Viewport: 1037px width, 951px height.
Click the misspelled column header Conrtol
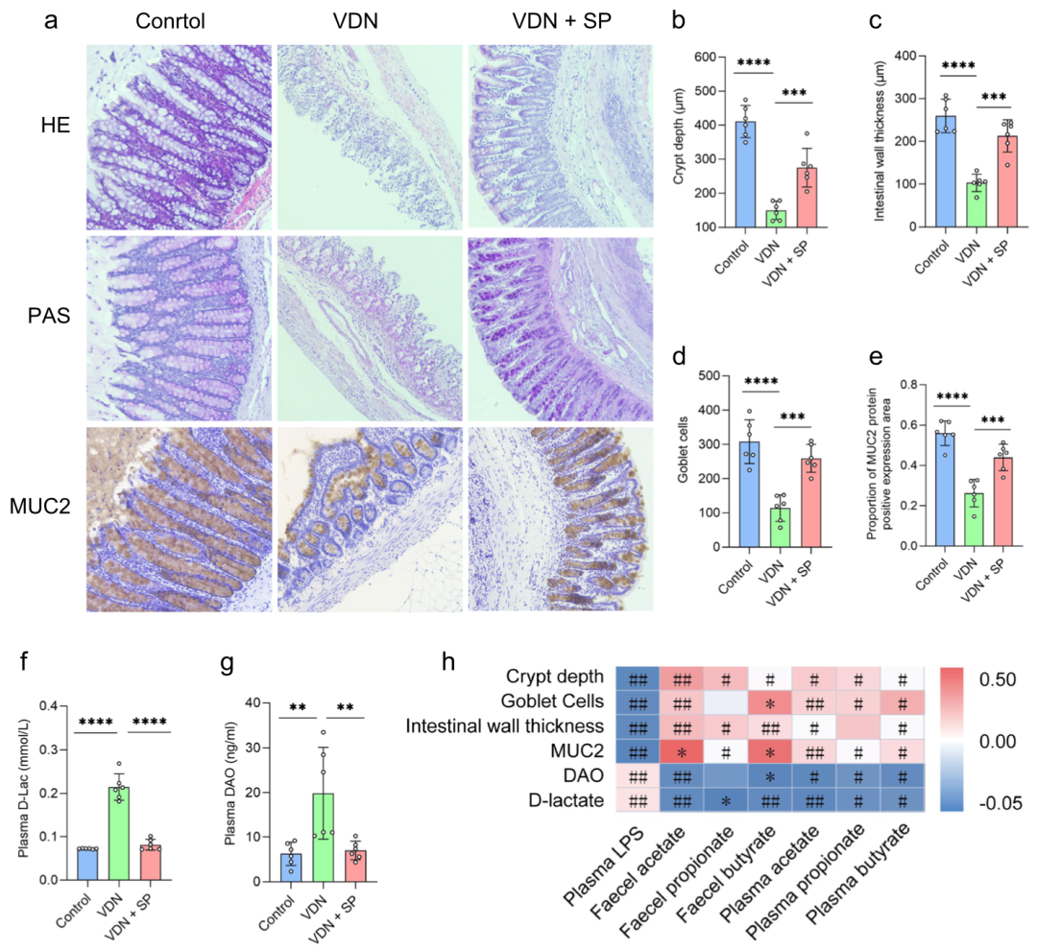(x=170, y=21)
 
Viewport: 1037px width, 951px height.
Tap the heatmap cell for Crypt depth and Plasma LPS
(x=636, y=677)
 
